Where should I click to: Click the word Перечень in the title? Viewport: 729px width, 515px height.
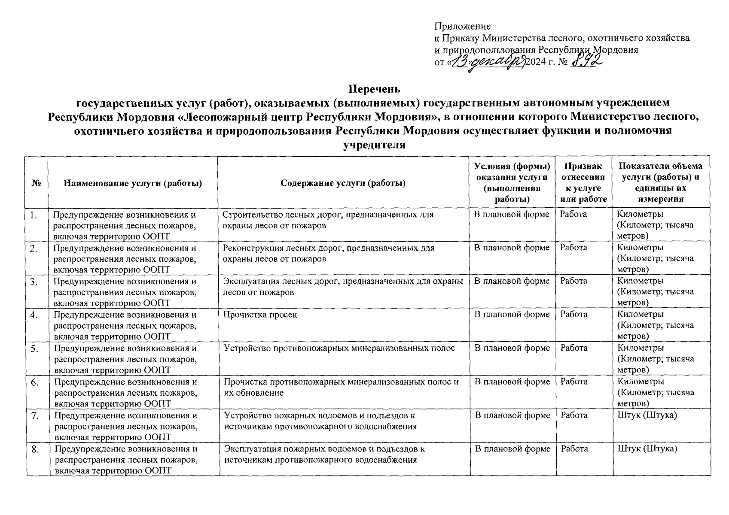tap(374, 89)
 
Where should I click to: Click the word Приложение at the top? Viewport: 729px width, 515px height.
tap(462, 27)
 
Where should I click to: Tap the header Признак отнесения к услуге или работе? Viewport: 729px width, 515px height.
tap(583, 182)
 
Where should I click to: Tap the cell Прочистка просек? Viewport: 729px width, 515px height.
tap(260, 315)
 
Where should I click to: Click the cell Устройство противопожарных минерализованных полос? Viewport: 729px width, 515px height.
tap(339, 348)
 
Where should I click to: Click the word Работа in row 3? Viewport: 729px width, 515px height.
tap(574, 281)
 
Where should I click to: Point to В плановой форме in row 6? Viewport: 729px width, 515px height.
tap(512, 382)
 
